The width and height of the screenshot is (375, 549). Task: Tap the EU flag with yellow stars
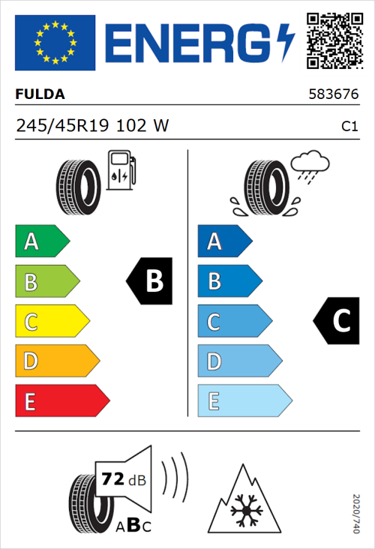click(x=55, y=43)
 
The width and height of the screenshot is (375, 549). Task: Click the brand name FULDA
click(x=40, y=94)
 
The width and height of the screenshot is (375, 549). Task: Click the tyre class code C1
click(x=349, y=127)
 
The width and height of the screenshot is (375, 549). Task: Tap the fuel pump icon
click(x=121, y=170)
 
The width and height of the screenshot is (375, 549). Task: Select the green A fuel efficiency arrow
click(x=41, y=241)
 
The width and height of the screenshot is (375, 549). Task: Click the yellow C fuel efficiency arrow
click(x=51, y=322)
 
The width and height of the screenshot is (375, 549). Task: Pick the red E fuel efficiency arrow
click(x=61, y=402)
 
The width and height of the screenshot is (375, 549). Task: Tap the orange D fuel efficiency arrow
click(x=56, y=361)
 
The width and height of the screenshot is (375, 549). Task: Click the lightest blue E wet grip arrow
click(x=244, y=402)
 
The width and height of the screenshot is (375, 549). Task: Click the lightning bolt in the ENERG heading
click(x=286, y=42)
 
